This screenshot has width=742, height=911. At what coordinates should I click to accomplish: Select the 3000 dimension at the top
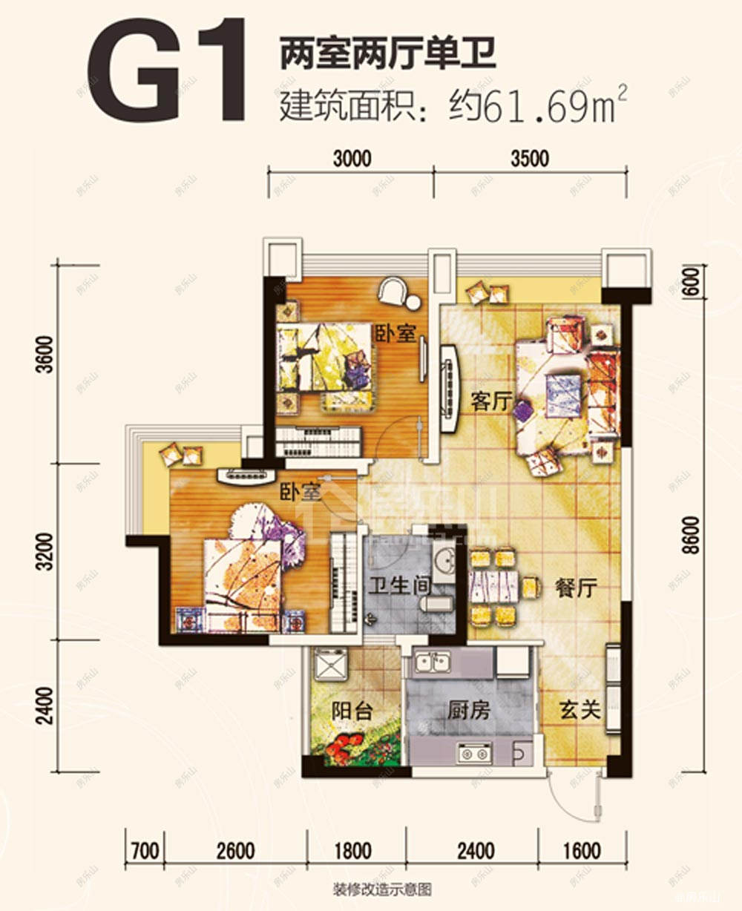(x=352, y=159)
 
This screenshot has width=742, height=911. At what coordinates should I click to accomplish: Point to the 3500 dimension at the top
(x=530, y=159)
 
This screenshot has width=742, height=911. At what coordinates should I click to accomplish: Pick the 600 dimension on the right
(x=691, y=283)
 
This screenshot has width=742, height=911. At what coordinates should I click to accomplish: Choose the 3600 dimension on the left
(x=45, y=354)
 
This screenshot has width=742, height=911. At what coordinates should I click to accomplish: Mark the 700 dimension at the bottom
(x=144, y=850)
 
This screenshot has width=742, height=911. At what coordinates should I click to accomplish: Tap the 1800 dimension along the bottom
(x=352, y=850)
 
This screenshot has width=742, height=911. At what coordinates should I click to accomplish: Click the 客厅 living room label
(x=491, y=402)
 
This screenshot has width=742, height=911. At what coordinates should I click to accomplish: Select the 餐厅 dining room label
(x=576, y=588)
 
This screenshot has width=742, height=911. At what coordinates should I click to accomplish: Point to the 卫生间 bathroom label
(x=400, y=586)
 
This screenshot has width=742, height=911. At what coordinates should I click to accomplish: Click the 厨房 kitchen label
(x=469, y=711)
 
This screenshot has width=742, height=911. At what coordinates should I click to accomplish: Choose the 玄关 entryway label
(x=580, y=710)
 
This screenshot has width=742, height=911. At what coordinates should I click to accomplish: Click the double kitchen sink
(x=432, y=662)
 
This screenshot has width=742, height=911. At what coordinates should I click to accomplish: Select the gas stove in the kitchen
(x=475, y=754)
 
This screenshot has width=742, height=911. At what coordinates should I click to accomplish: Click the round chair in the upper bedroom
(x=394, y=292)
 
